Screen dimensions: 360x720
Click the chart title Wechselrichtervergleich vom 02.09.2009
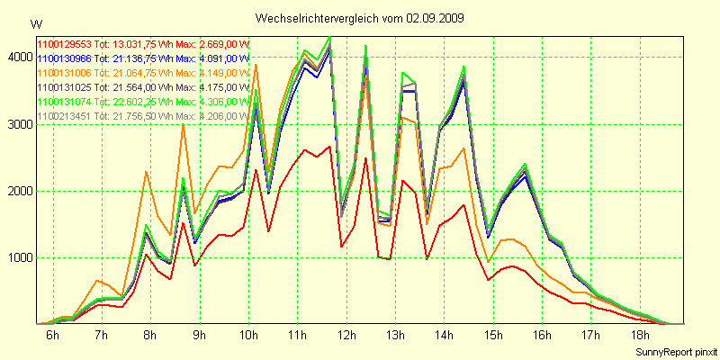coord(359,18)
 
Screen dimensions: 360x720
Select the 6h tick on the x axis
coord(52,337)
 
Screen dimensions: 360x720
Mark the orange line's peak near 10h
coord(256,65)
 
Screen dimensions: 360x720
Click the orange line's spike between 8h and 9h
coord(183,124)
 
